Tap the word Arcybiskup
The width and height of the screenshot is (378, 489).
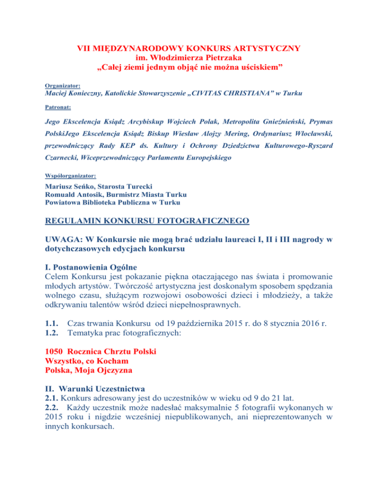coord(156,121)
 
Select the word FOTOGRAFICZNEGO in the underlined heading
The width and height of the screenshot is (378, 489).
coord(203,222)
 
